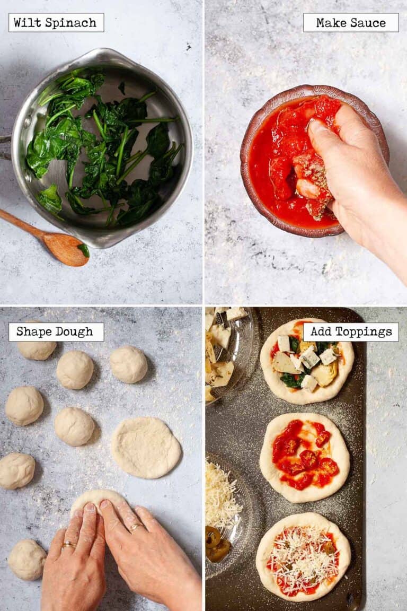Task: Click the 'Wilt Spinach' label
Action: click(56, 23)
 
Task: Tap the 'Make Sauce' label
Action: click(351, 23)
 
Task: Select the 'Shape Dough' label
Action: click(56, 332)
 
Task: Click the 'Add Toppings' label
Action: click(351, 332)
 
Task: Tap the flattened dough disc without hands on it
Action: click(146, 447)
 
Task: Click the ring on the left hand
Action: click(68, 545)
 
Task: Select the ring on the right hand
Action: click(136, 527)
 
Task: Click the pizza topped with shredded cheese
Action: click(303, 557)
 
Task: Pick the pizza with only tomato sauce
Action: click(304, 457)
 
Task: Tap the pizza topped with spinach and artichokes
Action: click(306, 361)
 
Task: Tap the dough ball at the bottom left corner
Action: click(26, 560)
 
